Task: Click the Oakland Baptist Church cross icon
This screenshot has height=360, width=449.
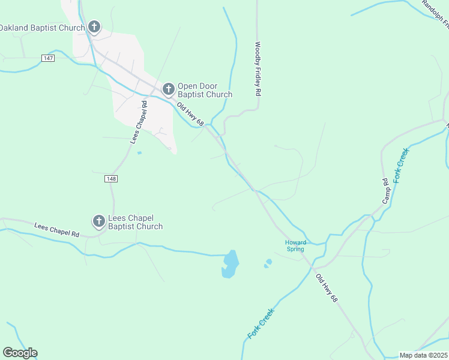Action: tap(94, 26)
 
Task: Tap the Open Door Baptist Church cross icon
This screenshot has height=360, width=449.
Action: tap(169, 90)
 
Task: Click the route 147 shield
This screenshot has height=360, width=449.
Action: tap(49, 58)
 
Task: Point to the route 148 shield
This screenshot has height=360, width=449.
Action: tap(110, 179)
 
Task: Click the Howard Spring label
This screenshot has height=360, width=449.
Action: tap(295, 245)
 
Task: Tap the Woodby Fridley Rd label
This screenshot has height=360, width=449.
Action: tap(258, 69)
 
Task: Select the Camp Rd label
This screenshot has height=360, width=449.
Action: tap(386, 190)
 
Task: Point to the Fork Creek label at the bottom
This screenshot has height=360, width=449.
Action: tap(261, 323)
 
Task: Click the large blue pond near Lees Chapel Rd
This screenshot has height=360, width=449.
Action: tap(230, 265)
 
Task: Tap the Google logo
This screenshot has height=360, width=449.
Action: tap(20, 353)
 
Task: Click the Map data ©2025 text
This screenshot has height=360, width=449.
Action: tap(423, 355)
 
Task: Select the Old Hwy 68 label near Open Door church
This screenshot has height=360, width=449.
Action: tap(191, 114)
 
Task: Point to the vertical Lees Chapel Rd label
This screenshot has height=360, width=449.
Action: tap(139, 122)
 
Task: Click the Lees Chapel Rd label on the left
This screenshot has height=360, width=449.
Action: tap(57, 229)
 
